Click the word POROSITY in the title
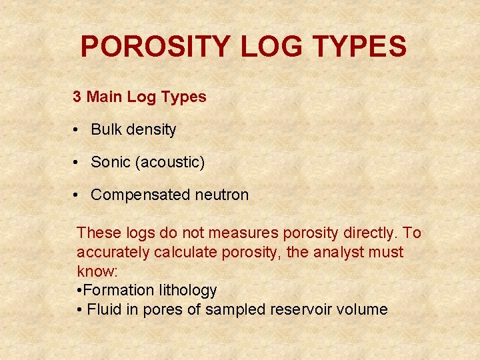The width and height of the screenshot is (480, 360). coord(155,47)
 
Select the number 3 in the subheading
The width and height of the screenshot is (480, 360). coord(77,97)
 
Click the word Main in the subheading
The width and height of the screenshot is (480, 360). coord(104,97)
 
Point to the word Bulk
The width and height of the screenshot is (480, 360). coord(105,129)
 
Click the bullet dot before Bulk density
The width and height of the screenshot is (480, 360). coord(78,130)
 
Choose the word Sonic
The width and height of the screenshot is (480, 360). coord(109,162)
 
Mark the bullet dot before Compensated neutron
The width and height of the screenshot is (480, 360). coord(78,195)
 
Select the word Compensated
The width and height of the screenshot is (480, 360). coord(141,195)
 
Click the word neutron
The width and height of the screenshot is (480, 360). coord(221,195)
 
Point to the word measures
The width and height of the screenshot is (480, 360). coord(243,233)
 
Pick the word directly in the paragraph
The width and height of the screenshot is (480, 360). coord(367,233)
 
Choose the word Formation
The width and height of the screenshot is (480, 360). coord(120,290)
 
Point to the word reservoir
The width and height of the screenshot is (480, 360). coord(313,309)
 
